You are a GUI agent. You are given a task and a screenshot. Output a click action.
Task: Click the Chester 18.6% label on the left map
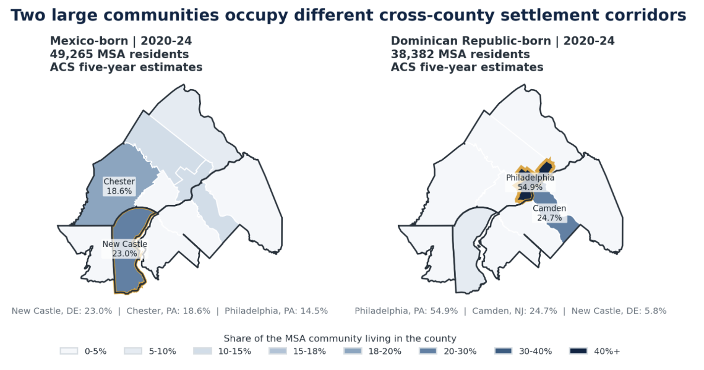[x=119, y=186]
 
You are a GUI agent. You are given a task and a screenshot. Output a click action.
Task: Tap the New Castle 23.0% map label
[x=125, y=249]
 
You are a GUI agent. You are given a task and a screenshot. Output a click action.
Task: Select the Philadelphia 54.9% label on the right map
[x=530, y=183]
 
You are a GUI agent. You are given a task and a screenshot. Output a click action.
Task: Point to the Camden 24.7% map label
[x=549, y=213]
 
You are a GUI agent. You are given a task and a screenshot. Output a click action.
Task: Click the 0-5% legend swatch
[x=69, y=351]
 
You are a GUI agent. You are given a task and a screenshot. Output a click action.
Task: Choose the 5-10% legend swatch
[x=134, y=351]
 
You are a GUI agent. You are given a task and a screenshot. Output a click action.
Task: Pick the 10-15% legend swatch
[x=202, y=351]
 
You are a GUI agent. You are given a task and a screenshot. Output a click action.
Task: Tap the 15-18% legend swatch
[x=278, y=351]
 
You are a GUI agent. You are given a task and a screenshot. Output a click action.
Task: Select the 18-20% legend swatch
[x=353, y=351]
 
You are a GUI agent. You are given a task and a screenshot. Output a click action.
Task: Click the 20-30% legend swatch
[x=428, y=351]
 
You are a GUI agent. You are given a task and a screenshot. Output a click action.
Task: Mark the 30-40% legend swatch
[x=504, y=351]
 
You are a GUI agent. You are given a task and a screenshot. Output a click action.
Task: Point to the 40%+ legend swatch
[x=578, y=351]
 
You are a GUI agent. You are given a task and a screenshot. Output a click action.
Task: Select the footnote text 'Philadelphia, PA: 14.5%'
[x=276, y=311]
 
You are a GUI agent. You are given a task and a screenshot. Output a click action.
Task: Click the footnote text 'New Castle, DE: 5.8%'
[x=619, y=311]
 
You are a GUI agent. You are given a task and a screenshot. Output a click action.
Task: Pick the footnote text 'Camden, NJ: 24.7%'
[x=515, y=311]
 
